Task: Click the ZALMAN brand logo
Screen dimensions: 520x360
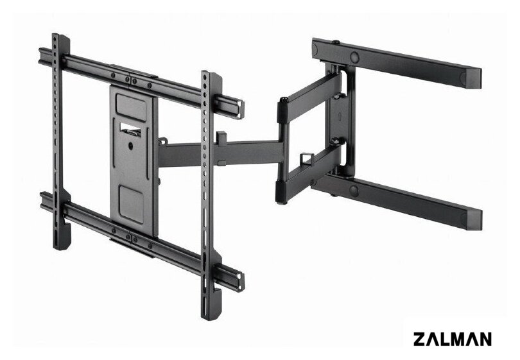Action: click(x=453, y=339)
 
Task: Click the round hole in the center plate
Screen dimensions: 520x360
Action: click(x=130, y=146)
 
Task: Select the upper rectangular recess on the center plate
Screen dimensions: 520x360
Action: click(x=131, y=107)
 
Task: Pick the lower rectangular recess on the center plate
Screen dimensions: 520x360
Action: click(x=132, y=204)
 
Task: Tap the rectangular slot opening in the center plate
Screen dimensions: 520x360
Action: click(x=131, y=130)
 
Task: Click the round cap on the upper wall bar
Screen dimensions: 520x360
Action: click(x=355, y=57)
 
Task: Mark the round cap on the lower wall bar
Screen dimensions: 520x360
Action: click(x=354, y=191)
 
